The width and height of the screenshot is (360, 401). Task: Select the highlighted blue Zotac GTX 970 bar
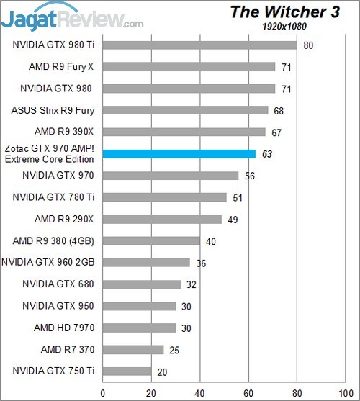pos(179,153)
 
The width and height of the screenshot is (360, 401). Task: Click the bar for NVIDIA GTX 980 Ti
pos(199,45)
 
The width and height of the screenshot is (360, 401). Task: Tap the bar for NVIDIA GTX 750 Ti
pos(127,371)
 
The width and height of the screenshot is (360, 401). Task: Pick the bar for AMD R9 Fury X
pos(189,67)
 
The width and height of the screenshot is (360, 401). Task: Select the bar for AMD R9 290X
pos(163,219)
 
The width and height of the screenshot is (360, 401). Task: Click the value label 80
pos(307,45)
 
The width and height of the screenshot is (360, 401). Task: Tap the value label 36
pos(201,263)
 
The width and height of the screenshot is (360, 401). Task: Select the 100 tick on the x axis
pos(345,392)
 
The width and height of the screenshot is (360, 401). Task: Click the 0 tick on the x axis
pos(103,392)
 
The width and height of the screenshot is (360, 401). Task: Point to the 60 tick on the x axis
pos(248,392)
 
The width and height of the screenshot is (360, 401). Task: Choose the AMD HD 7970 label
pos(62,328)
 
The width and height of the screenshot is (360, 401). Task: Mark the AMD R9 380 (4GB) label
pos(56,240)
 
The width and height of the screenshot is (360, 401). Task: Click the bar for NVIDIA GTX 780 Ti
pos(165,197)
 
